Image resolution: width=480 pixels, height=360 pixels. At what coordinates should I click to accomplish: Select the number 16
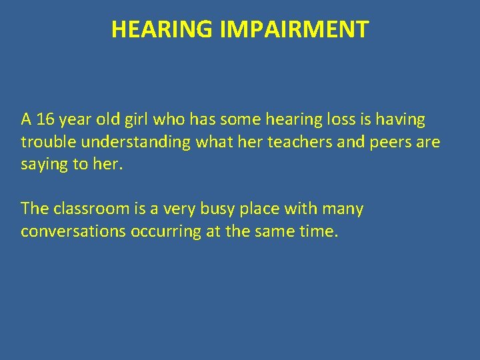[x=45, y=120]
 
